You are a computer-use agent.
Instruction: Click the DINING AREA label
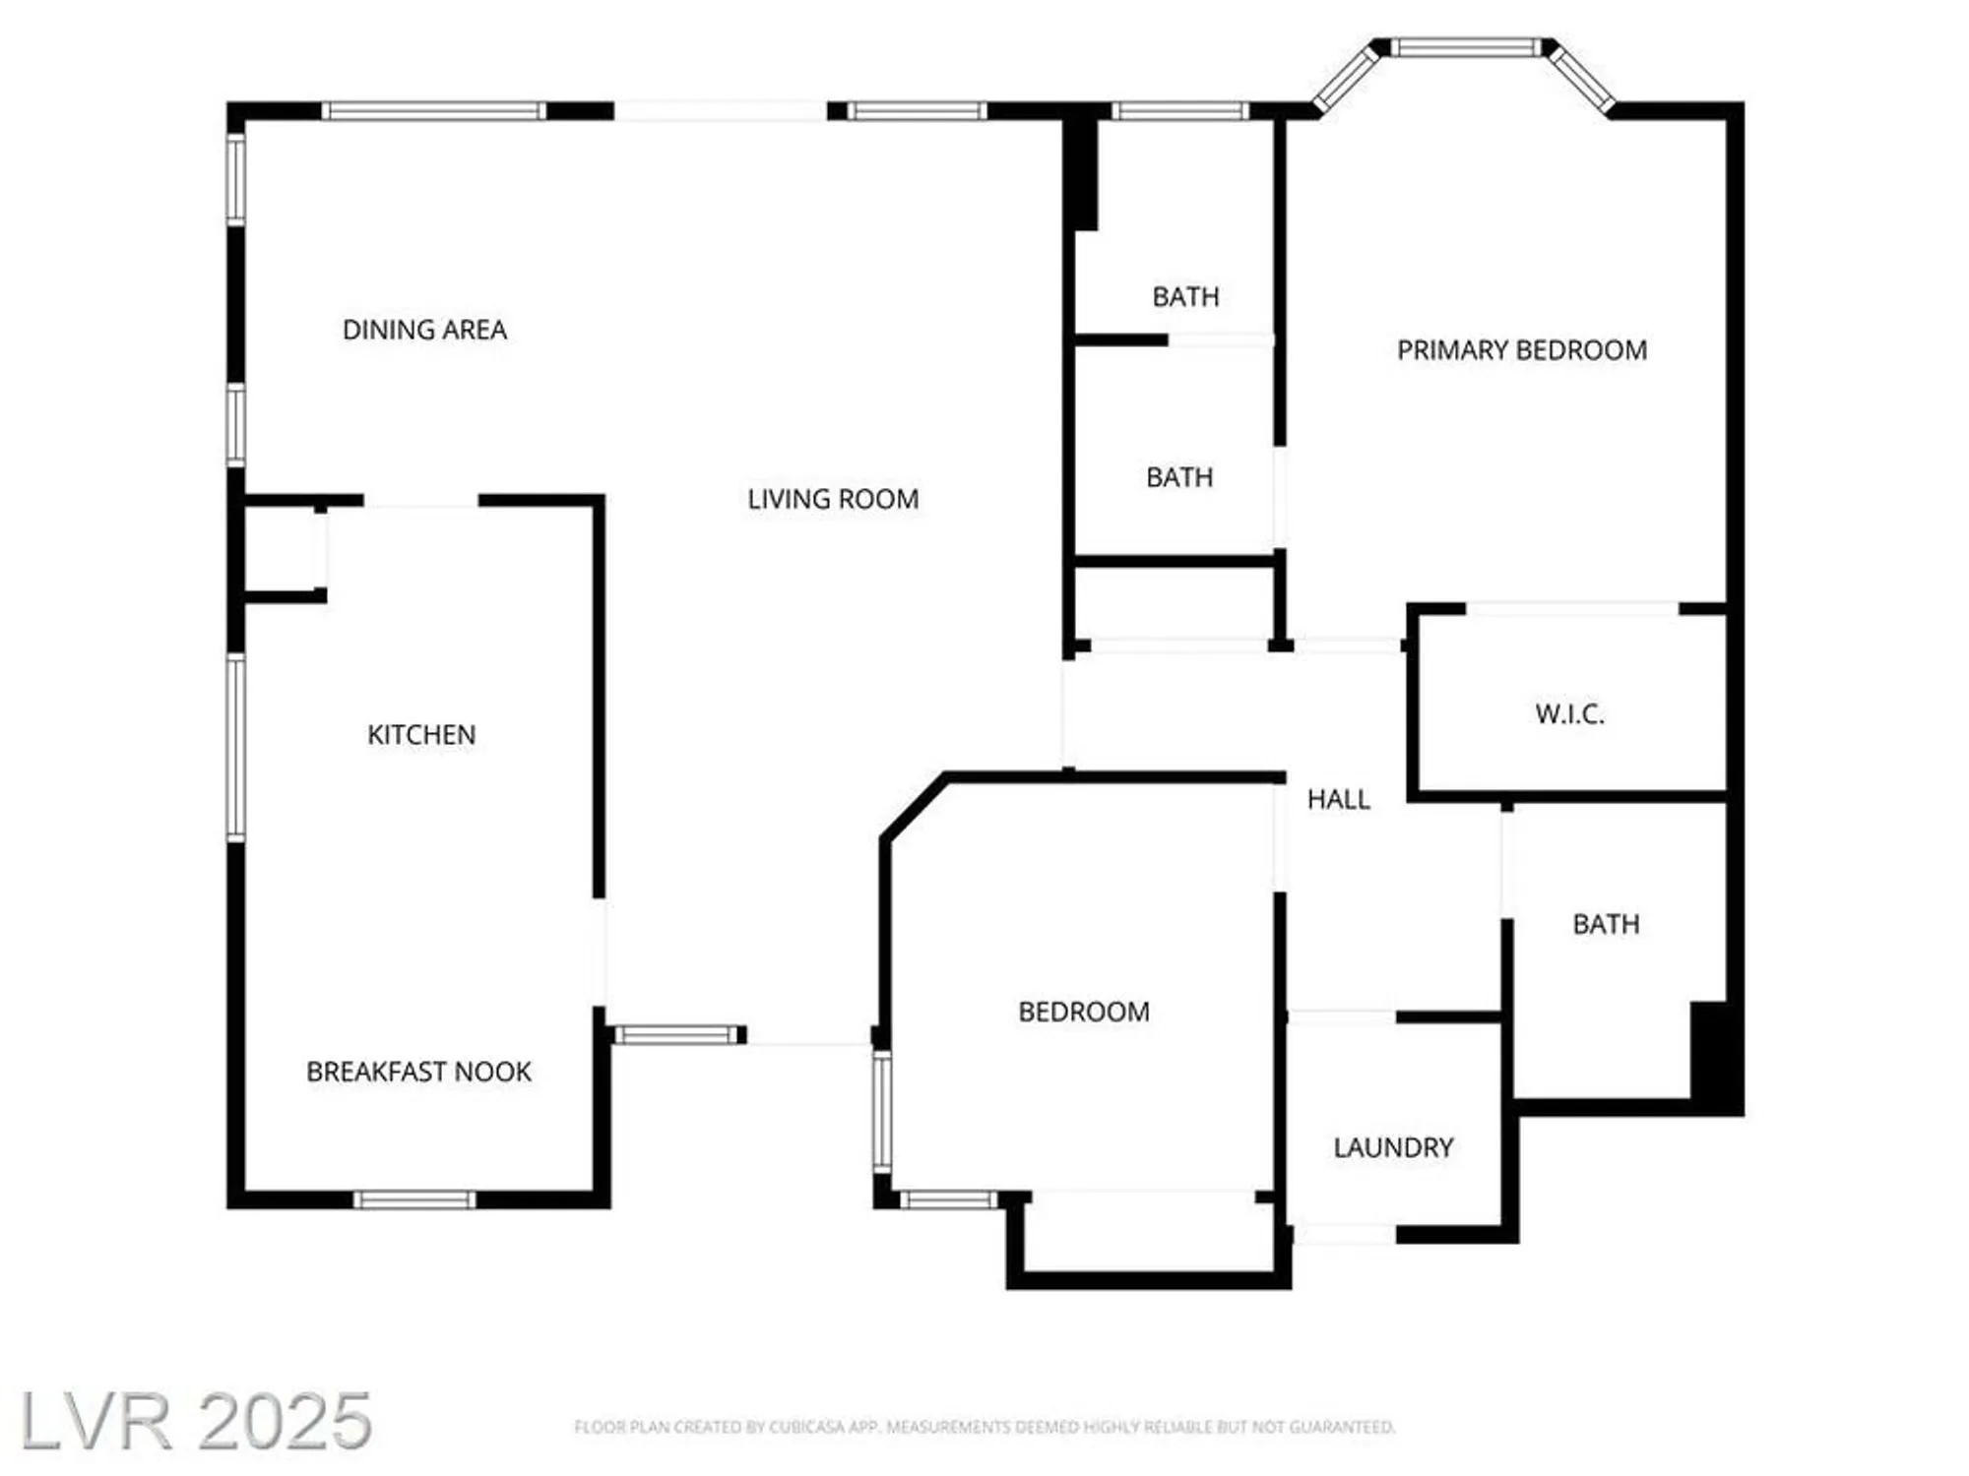click(424, 330)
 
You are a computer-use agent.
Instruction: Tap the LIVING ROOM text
click(833, 499)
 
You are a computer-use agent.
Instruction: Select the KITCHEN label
click(421, 735)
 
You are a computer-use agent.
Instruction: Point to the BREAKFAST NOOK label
click(418, 1072)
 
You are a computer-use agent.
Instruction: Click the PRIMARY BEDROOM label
click(1521, 350)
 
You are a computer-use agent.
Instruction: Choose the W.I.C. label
click(1569, 714)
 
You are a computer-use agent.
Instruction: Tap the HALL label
click(1338, 799)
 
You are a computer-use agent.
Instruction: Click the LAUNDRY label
click(1393, 1147)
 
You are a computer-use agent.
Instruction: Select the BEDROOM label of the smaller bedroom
click(1083, 1012)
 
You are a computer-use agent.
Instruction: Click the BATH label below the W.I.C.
click(1606, 924)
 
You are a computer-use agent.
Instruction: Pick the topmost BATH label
click(1185, 296)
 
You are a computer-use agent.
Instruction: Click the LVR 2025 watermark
click(196, 1420)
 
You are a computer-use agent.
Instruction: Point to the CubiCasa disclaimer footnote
click(984, 1427)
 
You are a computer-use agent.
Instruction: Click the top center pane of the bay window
click(1465, 47)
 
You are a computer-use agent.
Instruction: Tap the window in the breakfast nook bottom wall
click(414, 1199)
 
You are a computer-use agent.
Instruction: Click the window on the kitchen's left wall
click(235, 748)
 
